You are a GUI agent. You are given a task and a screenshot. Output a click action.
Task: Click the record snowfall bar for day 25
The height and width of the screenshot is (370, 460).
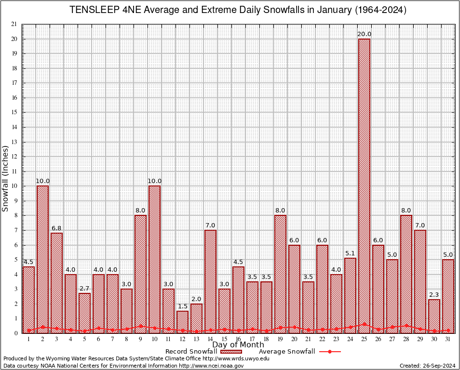(365, 185)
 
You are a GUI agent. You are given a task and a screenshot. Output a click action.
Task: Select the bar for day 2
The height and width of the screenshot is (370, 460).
(42, 259)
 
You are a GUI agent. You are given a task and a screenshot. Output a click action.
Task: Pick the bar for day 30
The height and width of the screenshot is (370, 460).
(434, 316)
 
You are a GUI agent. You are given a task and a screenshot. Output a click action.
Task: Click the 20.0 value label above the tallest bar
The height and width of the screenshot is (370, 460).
(365, 34)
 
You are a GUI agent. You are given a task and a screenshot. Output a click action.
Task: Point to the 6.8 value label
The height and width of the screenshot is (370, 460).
(56, 228)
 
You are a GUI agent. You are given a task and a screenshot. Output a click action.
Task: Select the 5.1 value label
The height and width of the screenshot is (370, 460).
(351, 253)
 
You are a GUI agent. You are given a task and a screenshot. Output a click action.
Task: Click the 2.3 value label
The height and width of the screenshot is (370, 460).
(434, 295)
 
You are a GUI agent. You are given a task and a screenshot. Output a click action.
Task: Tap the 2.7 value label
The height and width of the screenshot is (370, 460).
(84, 289)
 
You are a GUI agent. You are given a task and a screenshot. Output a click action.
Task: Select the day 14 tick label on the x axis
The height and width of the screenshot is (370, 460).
(210, 339)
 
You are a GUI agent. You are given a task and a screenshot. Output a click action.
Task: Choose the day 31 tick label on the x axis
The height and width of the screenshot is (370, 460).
(448, 339)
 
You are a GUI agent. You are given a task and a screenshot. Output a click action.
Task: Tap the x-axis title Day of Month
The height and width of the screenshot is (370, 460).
(238, 345)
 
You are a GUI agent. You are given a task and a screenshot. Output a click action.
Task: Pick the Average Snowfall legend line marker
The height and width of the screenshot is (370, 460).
(330, 352)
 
